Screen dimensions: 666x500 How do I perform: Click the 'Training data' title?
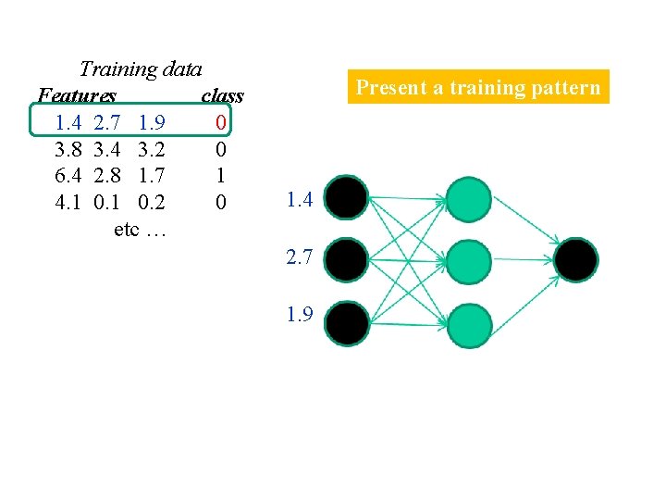141,69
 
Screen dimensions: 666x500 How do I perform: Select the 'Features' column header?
78,95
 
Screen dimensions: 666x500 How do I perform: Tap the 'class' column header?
222,95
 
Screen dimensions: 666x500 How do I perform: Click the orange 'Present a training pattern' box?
478,88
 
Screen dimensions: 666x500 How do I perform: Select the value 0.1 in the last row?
110,201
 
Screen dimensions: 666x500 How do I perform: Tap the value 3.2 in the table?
151,148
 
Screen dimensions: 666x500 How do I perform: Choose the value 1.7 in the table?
151,174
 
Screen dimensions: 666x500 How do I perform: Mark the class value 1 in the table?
220,174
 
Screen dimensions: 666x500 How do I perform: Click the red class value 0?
220,121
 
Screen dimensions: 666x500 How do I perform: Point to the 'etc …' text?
140,228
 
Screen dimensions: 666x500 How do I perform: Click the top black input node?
348,196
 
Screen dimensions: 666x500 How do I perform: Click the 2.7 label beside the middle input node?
300,257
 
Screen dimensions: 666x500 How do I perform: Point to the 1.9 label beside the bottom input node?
300,315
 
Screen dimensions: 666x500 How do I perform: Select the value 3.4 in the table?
110,148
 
